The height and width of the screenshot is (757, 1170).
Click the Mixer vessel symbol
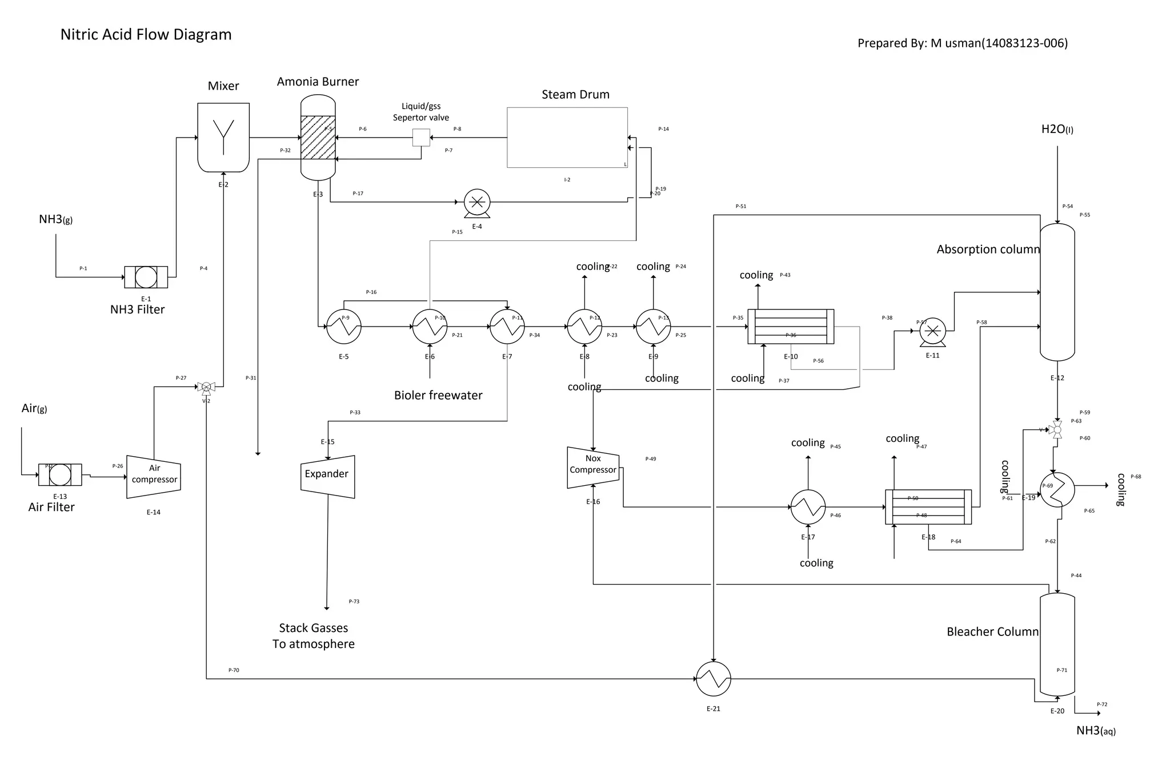coord(223,137)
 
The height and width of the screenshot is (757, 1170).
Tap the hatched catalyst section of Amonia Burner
coord(318,138)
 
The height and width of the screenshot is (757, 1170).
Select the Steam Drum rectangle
coord(567,138)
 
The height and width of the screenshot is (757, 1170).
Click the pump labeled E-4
coord(477,202)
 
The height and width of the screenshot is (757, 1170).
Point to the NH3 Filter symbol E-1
coord(146,277)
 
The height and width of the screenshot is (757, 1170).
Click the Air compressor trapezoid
coord(154,476)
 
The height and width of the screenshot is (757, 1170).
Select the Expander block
coord(327,476)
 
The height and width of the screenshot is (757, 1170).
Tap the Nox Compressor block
coord(593,467)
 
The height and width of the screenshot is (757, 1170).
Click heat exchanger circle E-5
coord(344,327)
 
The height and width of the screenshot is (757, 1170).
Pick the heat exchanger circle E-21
coord(714,679)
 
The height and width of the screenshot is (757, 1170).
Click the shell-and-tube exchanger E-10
coord(791,327)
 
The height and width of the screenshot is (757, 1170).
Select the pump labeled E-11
coord(932,331)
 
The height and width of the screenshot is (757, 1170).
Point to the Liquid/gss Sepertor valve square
coord(421,138)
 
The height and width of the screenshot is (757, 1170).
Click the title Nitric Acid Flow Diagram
coord(146,35)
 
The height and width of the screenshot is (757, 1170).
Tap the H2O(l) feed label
coord(1056,130)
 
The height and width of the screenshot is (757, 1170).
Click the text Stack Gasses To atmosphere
coord(314,635)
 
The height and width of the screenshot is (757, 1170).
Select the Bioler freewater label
coord(438,395)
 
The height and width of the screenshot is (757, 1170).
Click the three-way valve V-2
coord(206,388)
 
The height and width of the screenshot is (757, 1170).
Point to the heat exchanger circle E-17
coord(808,506)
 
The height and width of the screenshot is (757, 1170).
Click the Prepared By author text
coord(962,43)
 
